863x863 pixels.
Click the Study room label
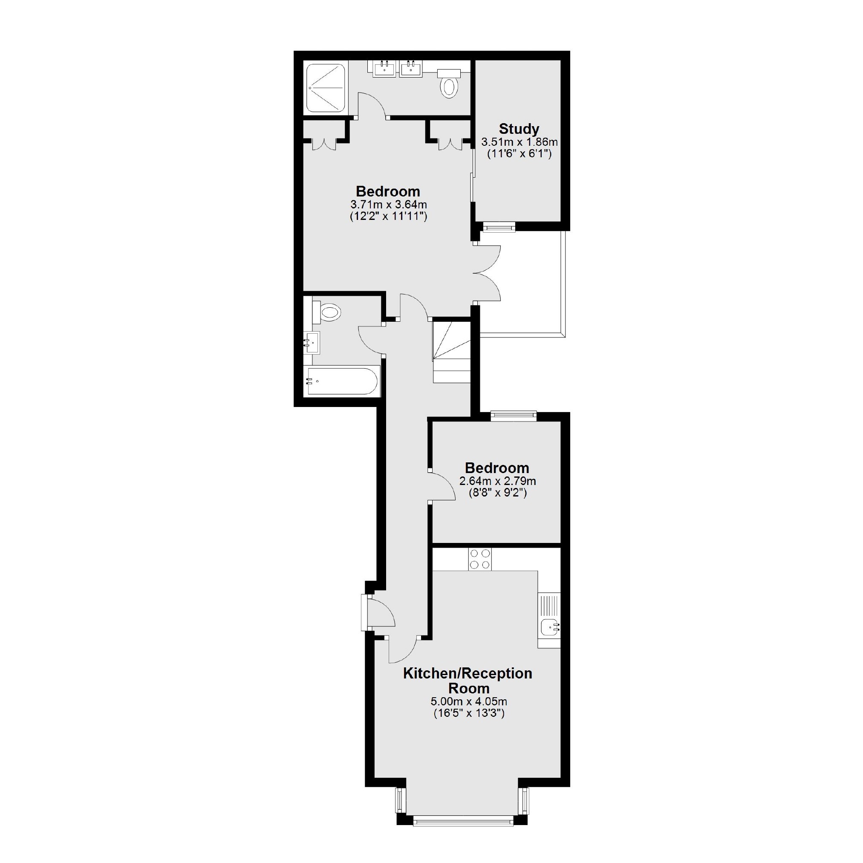pyautogui.click(x=519, y=129)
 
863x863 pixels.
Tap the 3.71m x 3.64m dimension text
pyautogui.click(x=388, y=205)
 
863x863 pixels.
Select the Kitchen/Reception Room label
pyautogui.click(x=468, y=680)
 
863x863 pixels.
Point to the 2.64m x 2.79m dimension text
pyautogui.click(x=497, y=482)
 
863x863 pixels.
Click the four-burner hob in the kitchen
pyautogui.click(x=480, y=559)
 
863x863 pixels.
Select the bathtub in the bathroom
pyautogui.click(x=342, y=381)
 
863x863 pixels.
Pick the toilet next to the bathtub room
pyautogui.click(x=328, y=312)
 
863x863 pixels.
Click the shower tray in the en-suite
pyautogui.click(x=325, y=87)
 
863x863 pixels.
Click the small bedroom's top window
pyautogui.click(x=513, y=416)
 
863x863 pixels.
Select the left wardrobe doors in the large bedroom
pyautogui.click(x=323, y=143)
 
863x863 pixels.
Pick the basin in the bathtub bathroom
pyautogui.click(x=312, y=343)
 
